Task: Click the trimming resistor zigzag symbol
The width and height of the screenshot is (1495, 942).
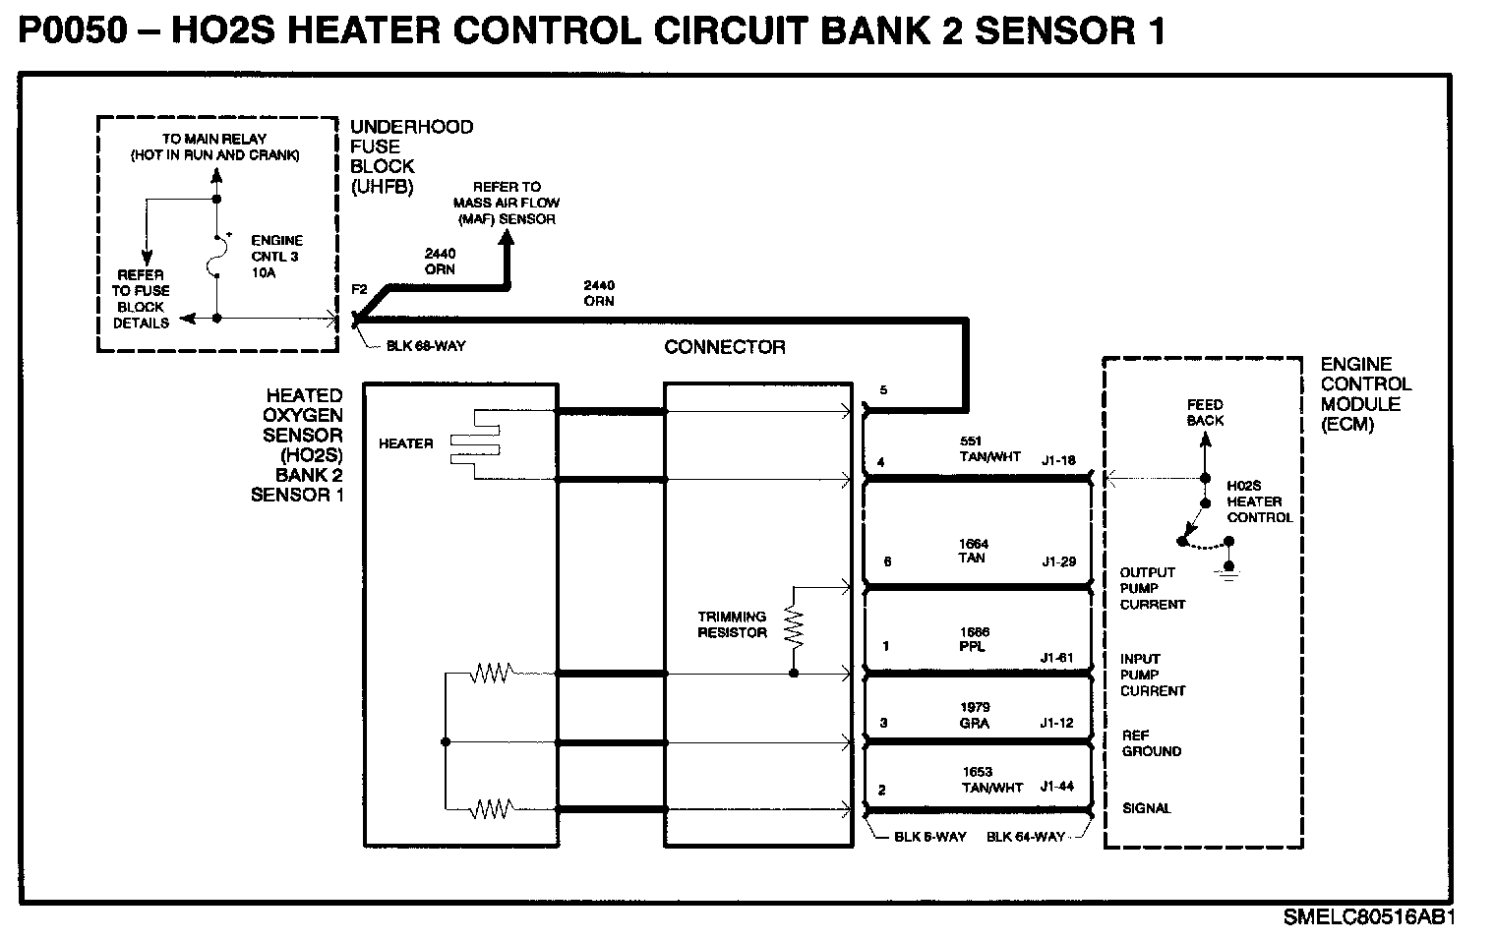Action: pyautogui.click(x=795, y=627)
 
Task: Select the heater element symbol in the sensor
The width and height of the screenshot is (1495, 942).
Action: pyautogui.click(x=475, y=443)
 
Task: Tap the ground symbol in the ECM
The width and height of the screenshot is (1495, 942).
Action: pyautogui.click(x=1228, y=571)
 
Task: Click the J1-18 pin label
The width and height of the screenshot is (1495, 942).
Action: pyautogui.click(x=1058, y=460)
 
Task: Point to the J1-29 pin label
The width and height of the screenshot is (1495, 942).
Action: pyautogui.click(x=1059, y=561)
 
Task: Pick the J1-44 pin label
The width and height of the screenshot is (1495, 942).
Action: pyautogui.click(x=1057, y=787)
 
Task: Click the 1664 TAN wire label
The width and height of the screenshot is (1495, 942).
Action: pyautogui.click(x=973, y=551)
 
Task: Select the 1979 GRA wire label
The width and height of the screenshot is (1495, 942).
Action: pyautogui.click(x=975, y=715)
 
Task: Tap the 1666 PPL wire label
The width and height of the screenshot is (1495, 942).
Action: pyautogui.click(x=974, y=639)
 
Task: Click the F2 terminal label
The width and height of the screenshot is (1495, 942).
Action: pyautogui.click(x=359, y=289)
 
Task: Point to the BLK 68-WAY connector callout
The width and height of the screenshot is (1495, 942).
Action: pyautogui.click(x=426, y=345)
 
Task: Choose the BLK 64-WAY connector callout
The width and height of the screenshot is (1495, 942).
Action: pyautogui.click(x=1026, y=837)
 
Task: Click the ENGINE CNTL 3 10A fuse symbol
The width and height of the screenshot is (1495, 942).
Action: pyautogui.click(x=214, y=257)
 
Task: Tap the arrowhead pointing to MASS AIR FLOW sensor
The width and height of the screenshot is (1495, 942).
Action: pyautogui.click(x=507, y=238)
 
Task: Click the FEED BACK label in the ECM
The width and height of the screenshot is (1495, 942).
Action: pyautogui.click(x=1205, y=413)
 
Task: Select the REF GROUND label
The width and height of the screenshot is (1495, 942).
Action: pyautogui.click(x=1152, y=743)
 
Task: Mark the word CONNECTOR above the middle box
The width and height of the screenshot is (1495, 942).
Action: pyautogui.click(x=725, y=347)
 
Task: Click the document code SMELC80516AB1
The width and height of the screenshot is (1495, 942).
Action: pyautogui.click(x=1369, y=917)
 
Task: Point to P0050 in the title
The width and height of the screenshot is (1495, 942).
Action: pyautogui.click(x=73, y=30)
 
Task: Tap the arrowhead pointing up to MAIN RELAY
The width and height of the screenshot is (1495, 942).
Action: pyautogui.click(x=216, y=175)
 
